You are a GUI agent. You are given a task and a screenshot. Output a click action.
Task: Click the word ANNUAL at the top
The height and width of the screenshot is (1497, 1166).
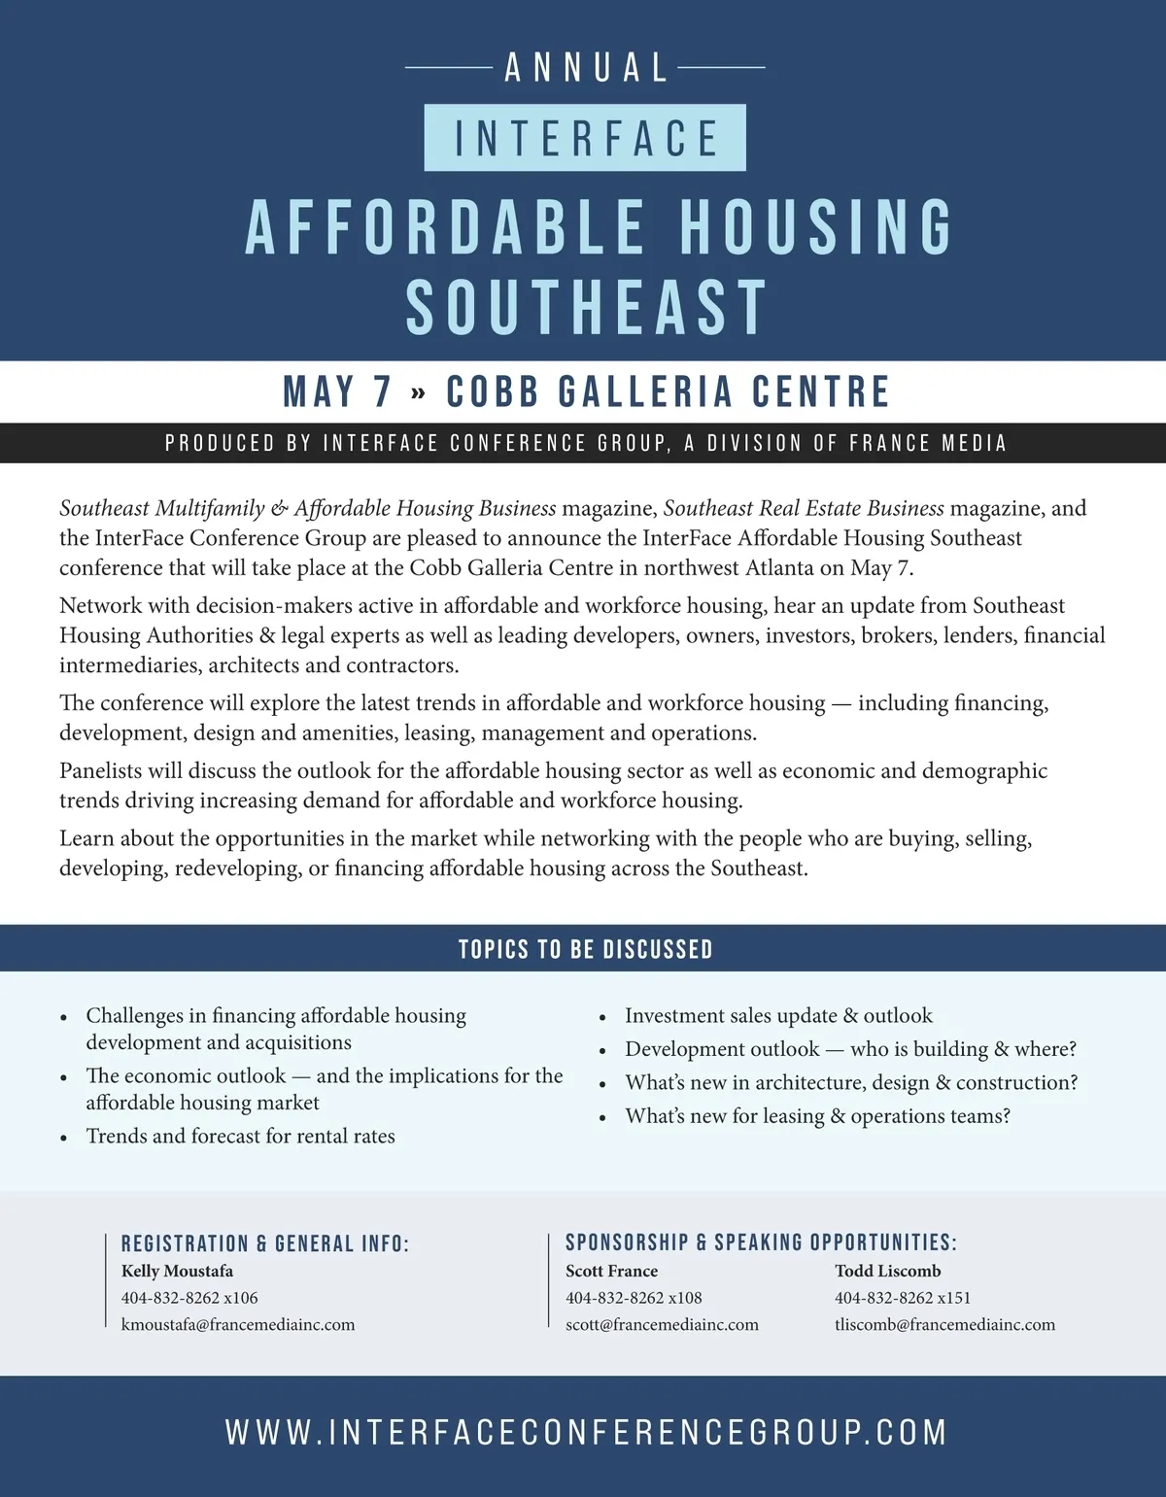(586, 68)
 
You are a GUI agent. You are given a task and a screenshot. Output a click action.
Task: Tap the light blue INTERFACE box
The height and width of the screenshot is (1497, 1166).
(585, 138)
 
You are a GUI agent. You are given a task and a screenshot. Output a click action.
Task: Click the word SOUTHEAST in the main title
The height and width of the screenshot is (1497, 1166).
(587, 307)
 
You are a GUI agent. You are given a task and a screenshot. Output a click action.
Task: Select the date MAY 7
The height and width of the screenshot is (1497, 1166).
(337, 391)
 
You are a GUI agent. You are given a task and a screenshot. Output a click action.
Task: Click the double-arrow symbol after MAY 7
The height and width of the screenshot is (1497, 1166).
(418, 393)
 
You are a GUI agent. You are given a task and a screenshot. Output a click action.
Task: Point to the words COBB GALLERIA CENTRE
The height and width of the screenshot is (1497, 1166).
(668, 391)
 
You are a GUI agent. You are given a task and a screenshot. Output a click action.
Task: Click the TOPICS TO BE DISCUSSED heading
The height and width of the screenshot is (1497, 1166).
(585, 949)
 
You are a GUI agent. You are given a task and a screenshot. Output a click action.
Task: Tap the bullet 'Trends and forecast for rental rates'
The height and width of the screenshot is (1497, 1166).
(240, 1136)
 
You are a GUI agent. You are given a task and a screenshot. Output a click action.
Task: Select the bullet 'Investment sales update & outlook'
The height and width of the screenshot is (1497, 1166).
(778, 1015)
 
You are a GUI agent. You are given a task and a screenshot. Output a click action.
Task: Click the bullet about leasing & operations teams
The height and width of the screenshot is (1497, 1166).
(817, 1116)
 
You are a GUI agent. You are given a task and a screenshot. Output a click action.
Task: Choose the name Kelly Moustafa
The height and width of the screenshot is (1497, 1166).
(177, 1271)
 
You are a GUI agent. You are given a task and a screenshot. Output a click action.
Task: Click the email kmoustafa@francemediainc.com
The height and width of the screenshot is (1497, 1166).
(238, 1324)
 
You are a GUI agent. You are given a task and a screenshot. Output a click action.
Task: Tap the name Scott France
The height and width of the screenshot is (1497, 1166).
(611, 1271)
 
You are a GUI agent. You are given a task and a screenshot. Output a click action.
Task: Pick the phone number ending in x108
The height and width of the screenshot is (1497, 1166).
(634, 1298)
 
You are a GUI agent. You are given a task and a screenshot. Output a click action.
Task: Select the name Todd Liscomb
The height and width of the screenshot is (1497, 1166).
(887, 1271)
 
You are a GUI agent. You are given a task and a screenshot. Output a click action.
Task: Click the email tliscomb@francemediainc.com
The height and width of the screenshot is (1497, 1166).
(944, 1324)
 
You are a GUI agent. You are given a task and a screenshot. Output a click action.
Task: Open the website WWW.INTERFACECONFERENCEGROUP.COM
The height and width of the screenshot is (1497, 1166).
(586, 1432)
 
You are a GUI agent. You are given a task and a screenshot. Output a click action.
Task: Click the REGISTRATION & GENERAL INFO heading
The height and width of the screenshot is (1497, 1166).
(265, 1243)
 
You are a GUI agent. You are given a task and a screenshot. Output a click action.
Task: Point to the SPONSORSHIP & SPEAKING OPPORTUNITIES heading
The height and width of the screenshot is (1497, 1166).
(761, 1242)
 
